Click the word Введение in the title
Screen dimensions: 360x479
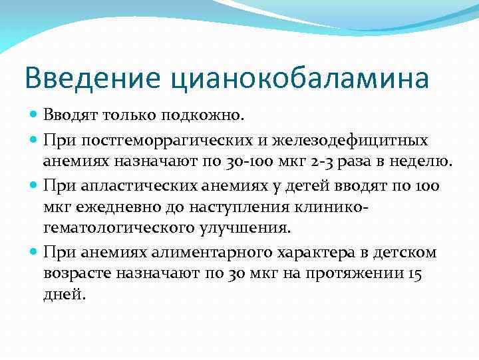click(x=92, y=78)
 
